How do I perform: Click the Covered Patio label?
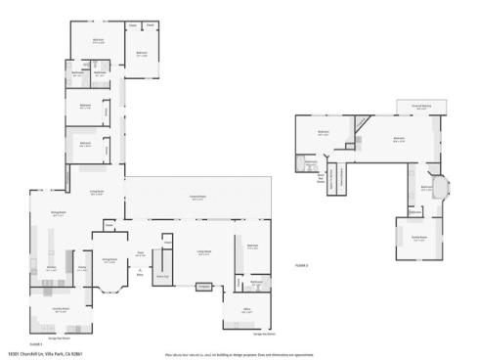197,198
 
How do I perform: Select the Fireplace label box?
203,287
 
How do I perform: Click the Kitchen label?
52,267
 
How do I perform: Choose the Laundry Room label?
61,310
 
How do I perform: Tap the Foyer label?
141,253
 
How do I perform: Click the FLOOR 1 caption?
36,343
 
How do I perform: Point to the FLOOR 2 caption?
302,265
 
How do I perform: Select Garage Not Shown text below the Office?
265,333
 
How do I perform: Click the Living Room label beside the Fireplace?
203,252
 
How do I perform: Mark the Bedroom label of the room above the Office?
251,247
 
